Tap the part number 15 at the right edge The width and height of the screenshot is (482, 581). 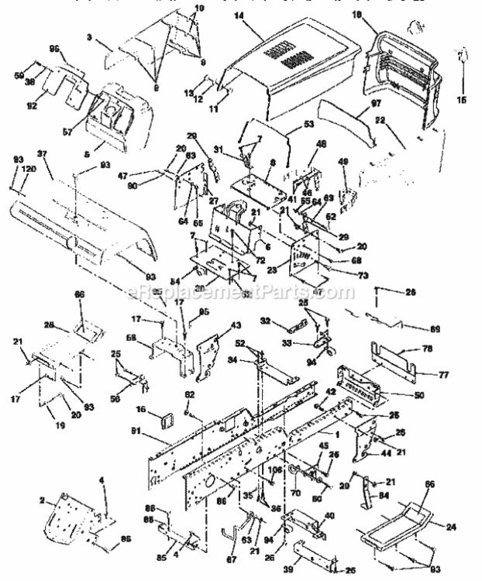coord(463,99)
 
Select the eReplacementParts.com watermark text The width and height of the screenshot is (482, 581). coord(241,293)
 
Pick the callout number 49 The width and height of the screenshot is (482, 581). coord(342,162)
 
